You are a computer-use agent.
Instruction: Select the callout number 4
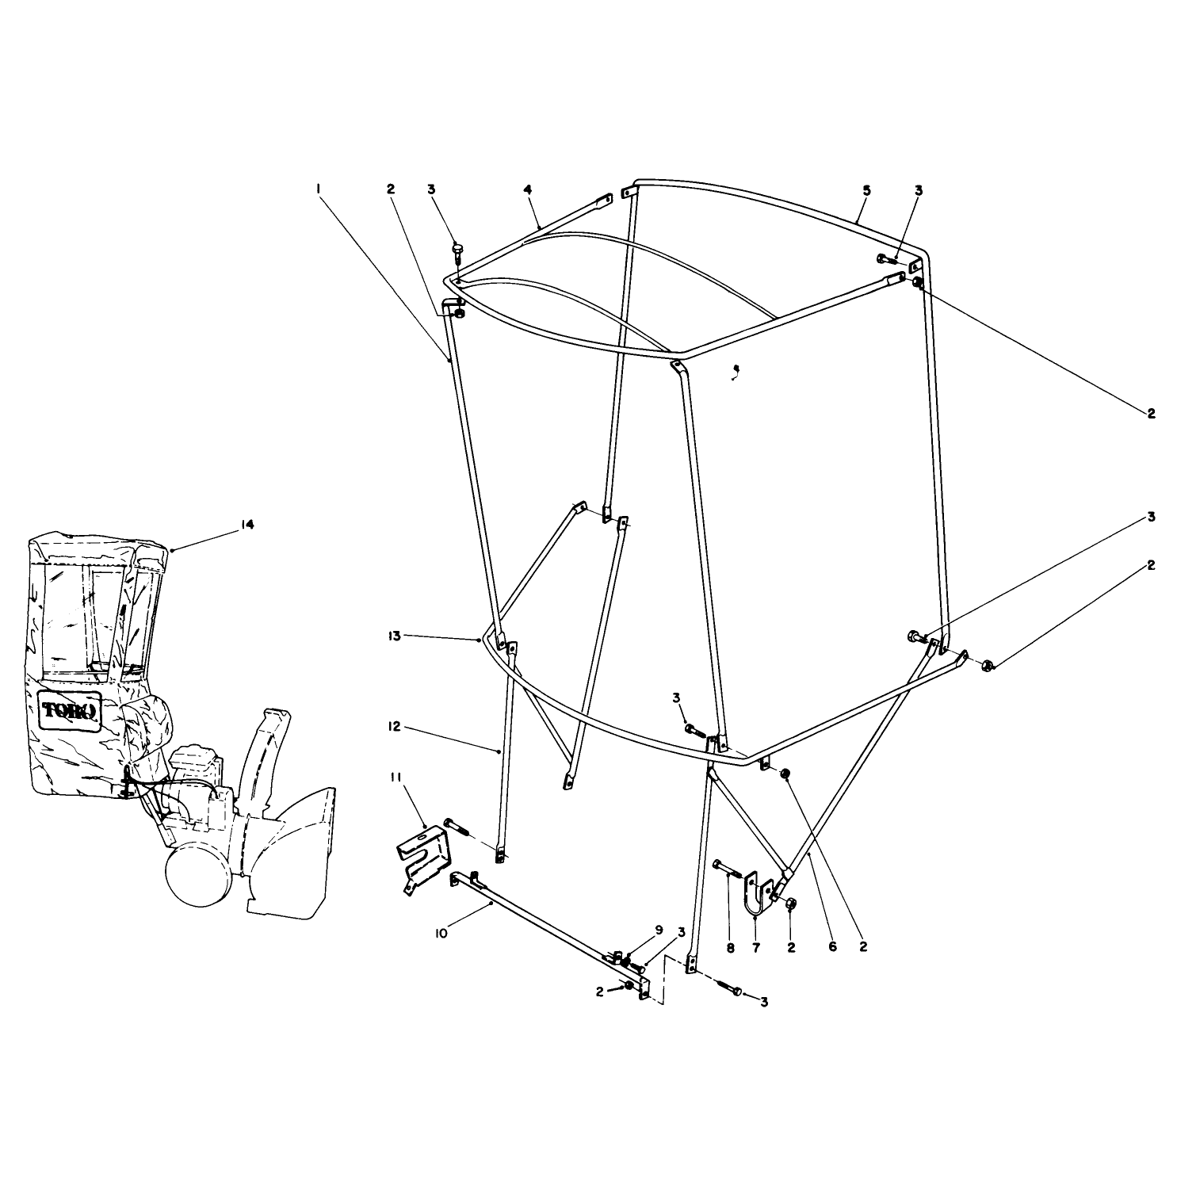(x=526, y=189)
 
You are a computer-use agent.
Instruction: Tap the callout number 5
(x=866, y=190)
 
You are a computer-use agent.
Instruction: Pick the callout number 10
(x=441, y=934)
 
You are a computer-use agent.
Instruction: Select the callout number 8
(x=731, y=946)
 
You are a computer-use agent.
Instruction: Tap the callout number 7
(x=755, y=946)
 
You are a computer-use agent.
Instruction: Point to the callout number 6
(x=832, y=946)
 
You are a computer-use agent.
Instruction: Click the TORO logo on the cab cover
(x=69, y=711)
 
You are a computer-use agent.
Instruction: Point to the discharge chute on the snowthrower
(x=262, y=747)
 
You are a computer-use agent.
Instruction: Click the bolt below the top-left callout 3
(x=457, y=252)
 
